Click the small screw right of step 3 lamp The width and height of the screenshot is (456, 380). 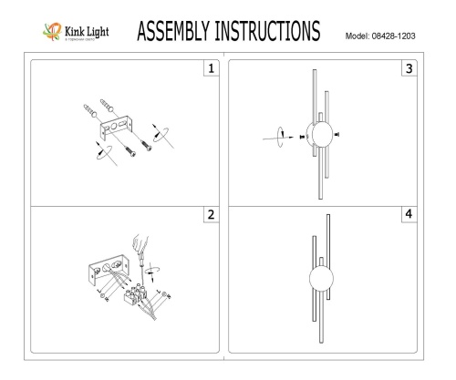click(337, 134)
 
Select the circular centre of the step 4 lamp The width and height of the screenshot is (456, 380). click(318, 277)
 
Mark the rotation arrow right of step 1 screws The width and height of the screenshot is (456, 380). click(163, 134)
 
